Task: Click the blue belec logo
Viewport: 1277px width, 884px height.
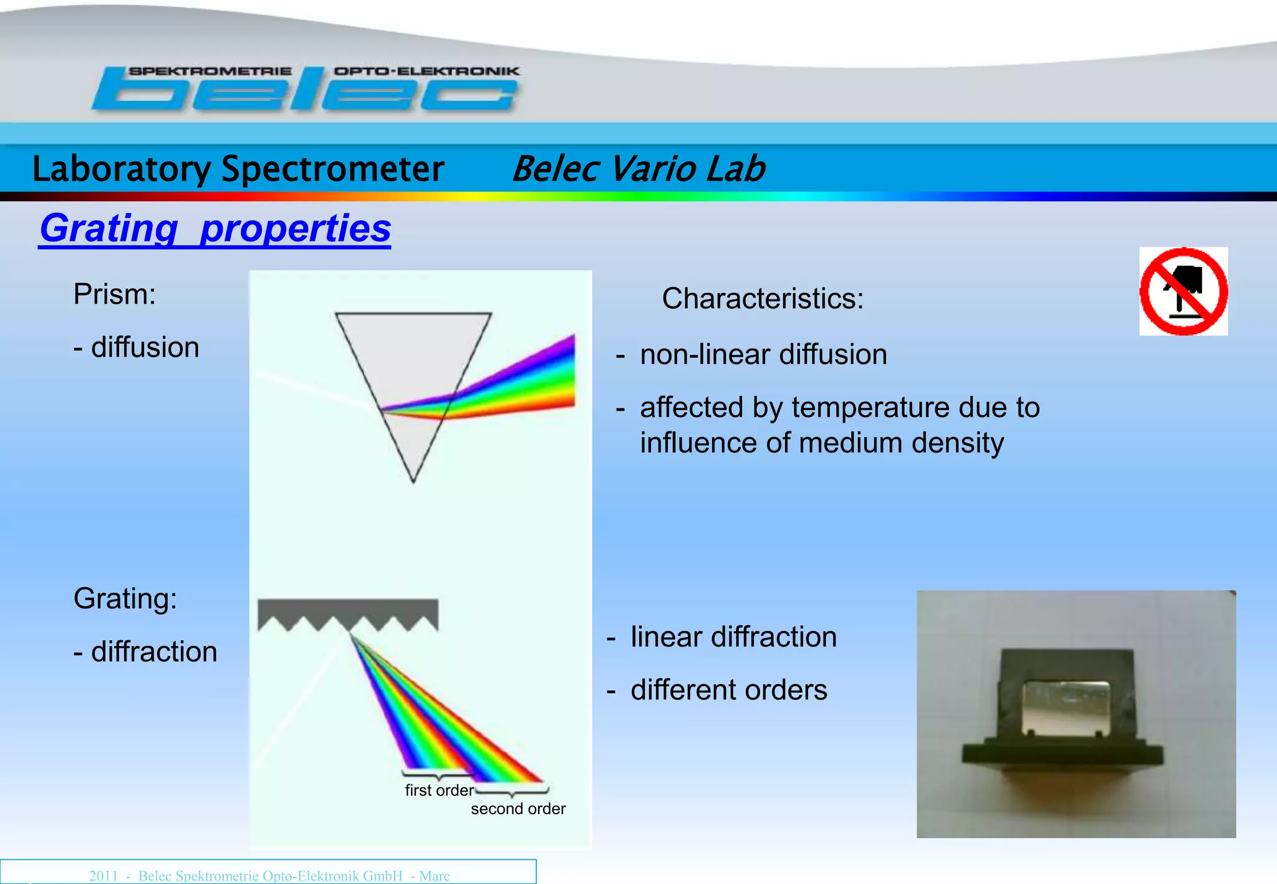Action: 306,90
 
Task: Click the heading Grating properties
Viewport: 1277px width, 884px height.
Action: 215,228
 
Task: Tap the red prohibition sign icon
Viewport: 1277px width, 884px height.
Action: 1183,291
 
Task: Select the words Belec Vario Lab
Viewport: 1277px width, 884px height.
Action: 638,169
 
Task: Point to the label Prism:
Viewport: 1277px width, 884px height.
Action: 114,294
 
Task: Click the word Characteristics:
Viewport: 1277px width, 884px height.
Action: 762,298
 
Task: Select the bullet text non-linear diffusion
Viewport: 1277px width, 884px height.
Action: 763,354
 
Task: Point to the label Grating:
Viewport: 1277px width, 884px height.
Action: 125,598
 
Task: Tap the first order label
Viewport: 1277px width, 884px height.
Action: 438,790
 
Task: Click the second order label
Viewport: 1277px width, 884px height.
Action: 518,809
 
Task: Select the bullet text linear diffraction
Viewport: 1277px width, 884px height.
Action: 733,637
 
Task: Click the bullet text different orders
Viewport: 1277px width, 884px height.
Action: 728,690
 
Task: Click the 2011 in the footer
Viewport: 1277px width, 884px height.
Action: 103,875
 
